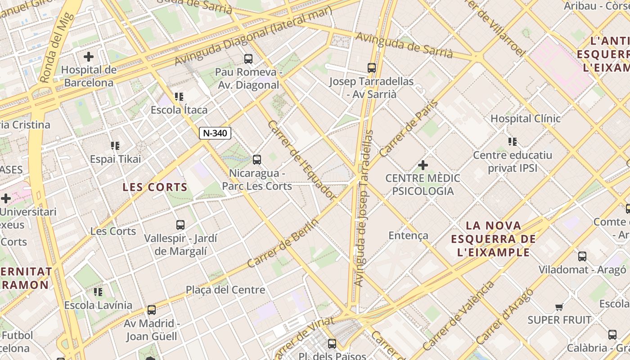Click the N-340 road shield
pos(215,133)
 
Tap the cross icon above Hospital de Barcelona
pos(89,57)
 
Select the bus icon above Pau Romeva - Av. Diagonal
pos(248,58)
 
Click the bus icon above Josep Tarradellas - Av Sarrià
pos(371,68)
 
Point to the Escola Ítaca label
pos(179,110)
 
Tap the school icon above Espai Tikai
pos(115,146)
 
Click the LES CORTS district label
pos(155,187)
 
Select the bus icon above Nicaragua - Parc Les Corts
pos(256,159)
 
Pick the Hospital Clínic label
pos(525,119)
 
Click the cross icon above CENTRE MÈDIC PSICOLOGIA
pos(423,165)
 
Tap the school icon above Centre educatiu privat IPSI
pos(512,142)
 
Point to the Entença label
pos(408,235)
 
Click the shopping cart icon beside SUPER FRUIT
pos(559,307)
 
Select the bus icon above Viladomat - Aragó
pos(582,256)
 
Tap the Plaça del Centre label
pos(225,290)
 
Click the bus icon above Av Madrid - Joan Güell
pos(152,310)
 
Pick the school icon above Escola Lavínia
pos(98,292)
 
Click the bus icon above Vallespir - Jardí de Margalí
pos(180,225)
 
